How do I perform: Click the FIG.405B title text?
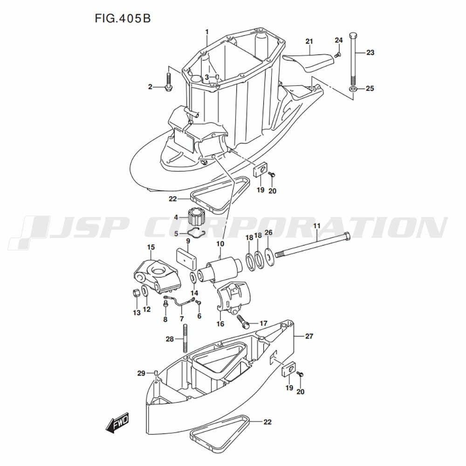(123, 19)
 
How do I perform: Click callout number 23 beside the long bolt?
(370, 53)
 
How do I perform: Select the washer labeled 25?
(352, 89)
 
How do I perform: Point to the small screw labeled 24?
(337, 55)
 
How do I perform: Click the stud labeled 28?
(185, 338)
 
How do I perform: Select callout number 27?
(309, 336)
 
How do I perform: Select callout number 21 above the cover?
(309, 41)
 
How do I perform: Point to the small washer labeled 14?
(193, 278)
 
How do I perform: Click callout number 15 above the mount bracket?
(151, 247)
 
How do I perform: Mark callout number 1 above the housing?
(207, 32)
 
